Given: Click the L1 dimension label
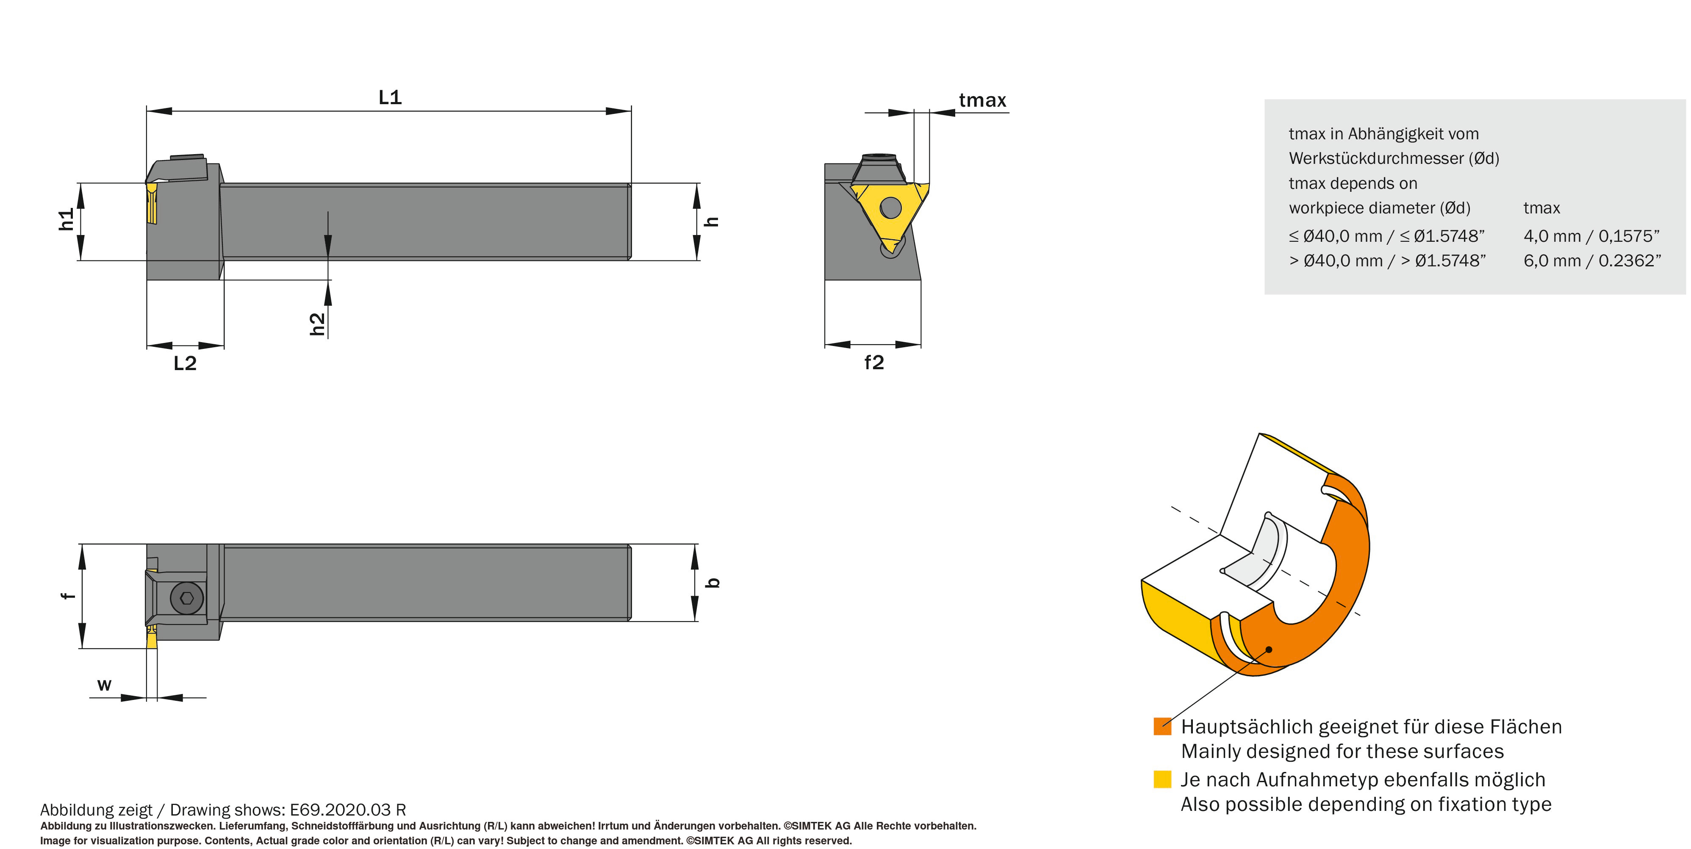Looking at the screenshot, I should (390, 98).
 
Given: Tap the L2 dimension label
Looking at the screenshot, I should (185, 363).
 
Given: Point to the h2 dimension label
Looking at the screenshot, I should (317, 324).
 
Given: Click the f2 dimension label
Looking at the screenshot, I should (874, 362).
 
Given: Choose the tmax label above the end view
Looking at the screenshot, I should (982, 100).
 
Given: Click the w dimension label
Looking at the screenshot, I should (104, 685).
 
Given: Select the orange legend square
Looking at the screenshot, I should (1162, 726).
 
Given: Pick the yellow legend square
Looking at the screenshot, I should (1162, 780).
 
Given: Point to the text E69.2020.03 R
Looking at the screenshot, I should (348, 810).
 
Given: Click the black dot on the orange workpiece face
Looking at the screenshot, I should (1269, 650).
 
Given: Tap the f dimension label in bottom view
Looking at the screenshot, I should (68, 595).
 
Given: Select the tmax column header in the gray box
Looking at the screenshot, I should (1541, 208).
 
